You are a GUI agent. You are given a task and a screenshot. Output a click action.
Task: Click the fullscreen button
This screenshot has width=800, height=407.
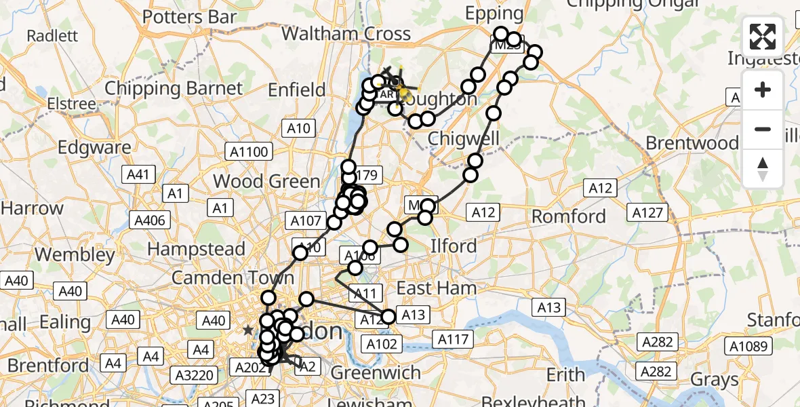point(763,36)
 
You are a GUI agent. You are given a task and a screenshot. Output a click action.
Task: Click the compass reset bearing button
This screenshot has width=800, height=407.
point(763,168)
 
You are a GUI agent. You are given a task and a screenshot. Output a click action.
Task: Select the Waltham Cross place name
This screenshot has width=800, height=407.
point(346,34)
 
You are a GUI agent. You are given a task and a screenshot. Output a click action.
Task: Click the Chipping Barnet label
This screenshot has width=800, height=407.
point(174,88)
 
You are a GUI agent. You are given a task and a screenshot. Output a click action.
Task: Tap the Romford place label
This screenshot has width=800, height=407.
point(569,217)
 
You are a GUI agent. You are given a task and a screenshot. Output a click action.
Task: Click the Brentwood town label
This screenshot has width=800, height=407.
point(692,143)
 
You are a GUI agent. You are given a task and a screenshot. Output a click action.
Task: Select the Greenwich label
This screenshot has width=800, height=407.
point(377,372)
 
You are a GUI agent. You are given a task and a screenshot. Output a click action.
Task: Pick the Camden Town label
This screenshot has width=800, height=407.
point(233,278)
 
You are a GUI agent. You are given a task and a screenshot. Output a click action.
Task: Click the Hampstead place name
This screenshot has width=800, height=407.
point(196,249)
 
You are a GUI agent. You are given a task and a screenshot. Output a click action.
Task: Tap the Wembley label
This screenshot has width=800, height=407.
point(75,255)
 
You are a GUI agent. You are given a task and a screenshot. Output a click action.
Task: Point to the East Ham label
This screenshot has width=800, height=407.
point(436,288)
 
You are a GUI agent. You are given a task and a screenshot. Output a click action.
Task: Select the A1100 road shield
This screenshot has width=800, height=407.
point(250,152)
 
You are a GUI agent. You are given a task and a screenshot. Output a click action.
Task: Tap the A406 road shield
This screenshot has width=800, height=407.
point(149,220)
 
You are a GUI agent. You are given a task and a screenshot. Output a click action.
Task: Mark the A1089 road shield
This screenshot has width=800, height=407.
point(749,347)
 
